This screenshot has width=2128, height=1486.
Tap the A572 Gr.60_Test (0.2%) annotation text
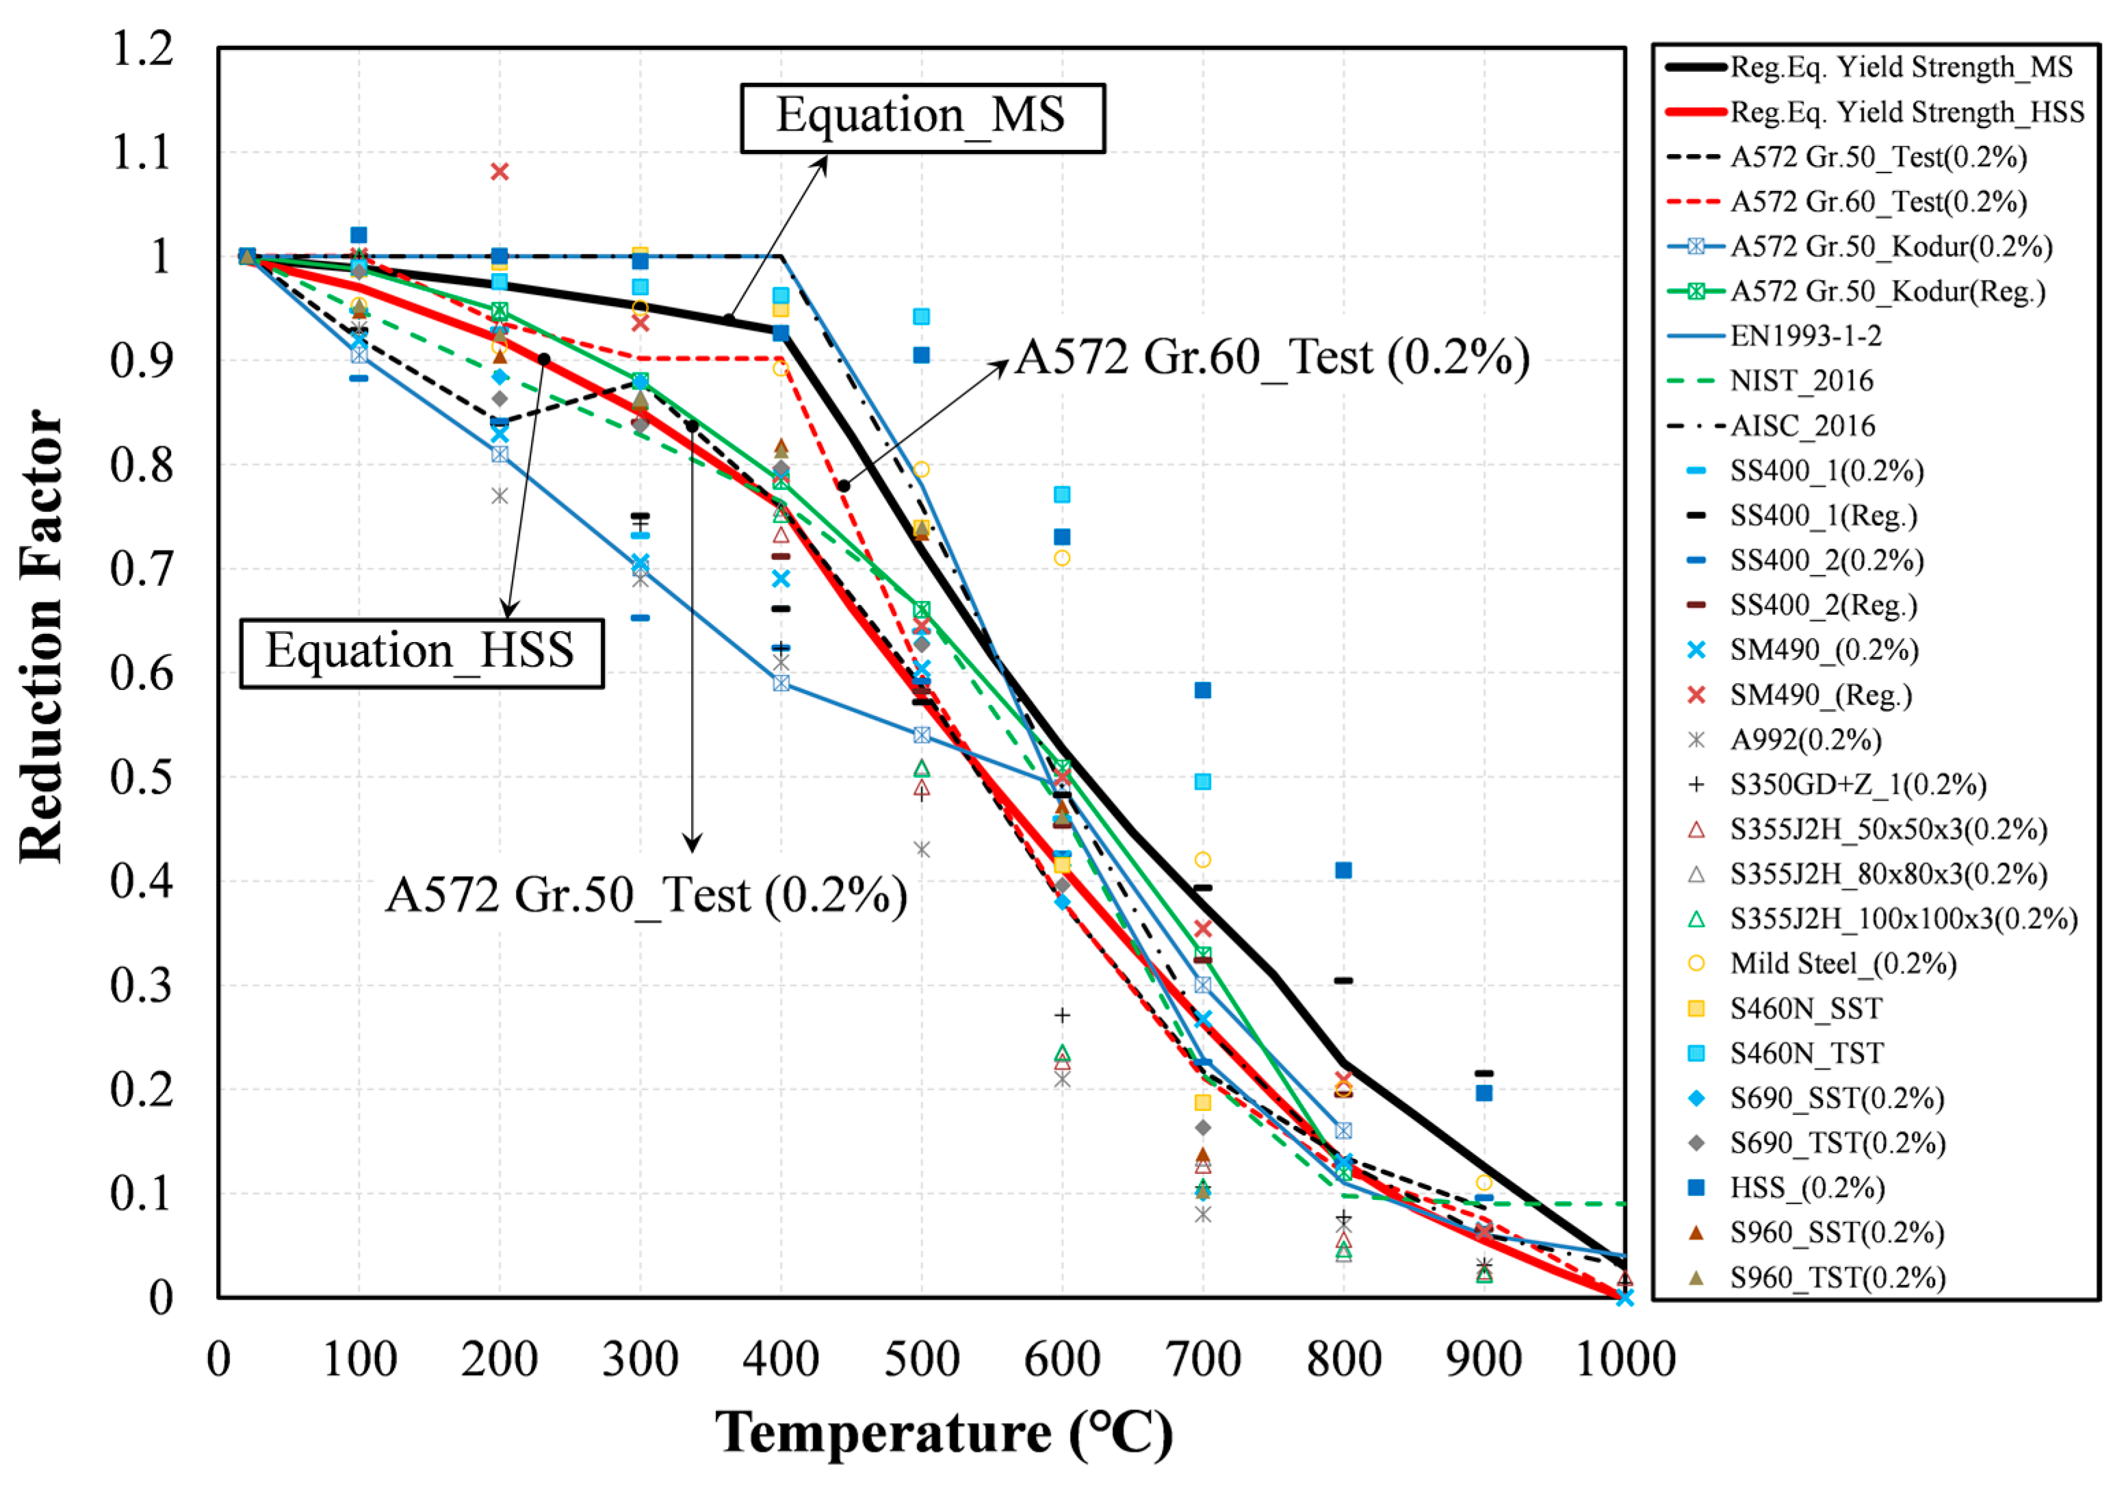pos(1271,358)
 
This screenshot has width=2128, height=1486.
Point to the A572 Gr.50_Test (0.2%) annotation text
pos(646,895)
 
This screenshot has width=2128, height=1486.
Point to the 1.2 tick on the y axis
pos(142,48)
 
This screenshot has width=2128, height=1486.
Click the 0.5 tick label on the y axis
pos(142,778)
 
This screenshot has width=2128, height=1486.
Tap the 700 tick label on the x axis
pos(1202,1360)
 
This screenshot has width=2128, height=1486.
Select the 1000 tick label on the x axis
pos(1624,1360)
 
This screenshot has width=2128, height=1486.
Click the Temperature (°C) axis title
pos(943,1433)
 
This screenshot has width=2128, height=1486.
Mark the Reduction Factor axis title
pos(41,637)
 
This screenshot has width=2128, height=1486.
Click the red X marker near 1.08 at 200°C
pos(499,172)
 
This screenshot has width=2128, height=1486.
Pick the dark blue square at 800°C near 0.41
pos(1343,869)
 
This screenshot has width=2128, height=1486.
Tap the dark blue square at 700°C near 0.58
pos(1202,690)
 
